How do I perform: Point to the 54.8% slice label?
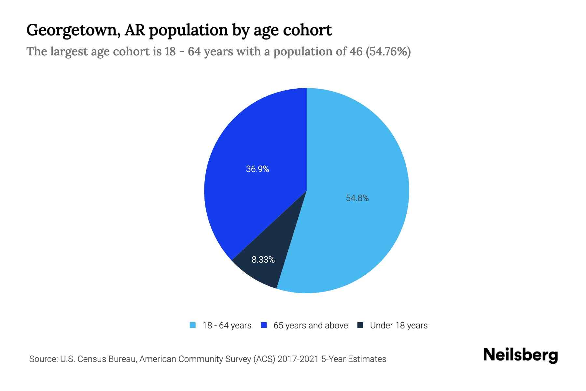[357, 198]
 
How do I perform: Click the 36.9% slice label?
[257, 169]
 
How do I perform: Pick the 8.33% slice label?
[263, 260]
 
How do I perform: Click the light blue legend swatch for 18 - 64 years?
[193, 325]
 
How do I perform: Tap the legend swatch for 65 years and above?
[264, 325]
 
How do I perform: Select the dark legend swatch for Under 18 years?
[360, 325]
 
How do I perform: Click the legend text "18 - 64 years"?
[227, 326]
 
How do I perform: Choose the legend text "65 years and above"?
[311, 326]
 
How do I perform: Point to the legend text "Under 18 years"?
[398, 326]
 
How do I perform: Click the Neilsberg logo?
[520, 355]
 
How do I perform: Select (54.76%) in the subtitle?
[388, 51]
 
